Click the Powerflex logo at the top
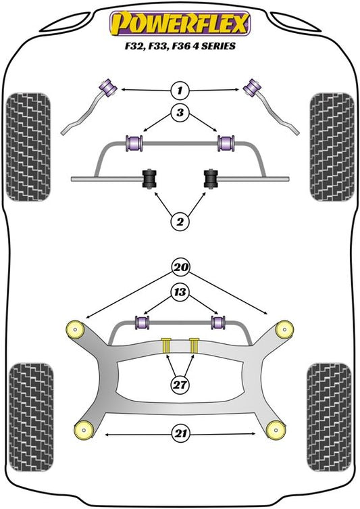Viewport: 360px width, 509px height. pyautogui.click(x=180, y=23)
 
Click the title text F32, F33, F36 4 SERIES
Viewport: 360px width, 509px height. pyautogui.click(x=180, y=46)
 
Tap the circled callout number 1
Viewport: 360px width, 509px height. pyautogui.click(x=180, y=90)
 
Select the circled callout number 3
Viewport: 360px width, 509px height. pyautogui.click(x=180, y=113)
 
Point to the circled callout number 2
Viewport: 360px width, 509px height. pyautogui.click(x=180, y=222)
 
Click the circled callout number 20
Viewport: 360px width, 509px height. pyautogui.click(x=180, y=267)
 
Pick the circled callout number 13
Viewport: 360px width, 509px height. pyautogui.click(x=180, y=292)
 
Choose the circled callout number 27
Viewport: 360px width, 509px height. pyautogui.click(x=180, y=385)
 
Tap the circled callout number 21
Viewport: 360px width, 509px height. pyautogui.click(x=180, y=434)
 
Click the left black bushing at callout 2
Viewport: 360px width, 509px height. pyautogui.click(x=149, y=178)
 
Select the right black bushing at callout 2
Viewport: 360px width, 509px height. pyautogui.click(x=211, y=178)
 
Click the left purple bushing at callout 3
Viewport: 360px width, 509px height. pyautogui.click(x=134, y=143)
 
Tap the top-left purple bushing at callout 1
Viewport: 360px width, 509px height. pyautogui.click(x=109, y=87)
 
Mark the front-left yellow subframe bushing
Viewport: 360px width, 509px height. pyautogui.click(x=75, y=329)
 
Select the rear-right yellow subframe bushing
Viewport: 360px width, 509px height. pyautogui.click(x=276, y=430)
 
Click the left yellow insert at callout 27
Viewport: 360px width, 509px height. pyautogui.click(x=166, y=345)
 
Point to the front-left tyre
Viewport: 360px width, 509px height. pyautogui.click(x=28, y=147)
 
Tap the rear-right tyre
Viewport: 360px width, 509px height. pyautogui.click(x=329, y=417)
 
